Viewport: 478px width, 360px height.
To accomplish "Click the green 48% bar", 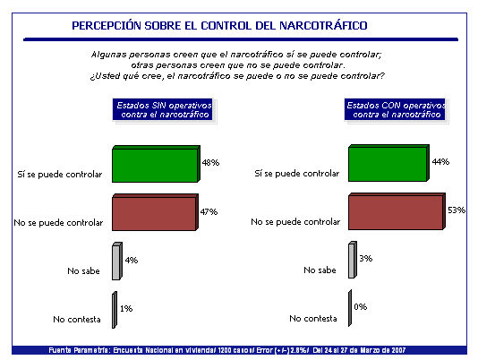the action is click(156, 164).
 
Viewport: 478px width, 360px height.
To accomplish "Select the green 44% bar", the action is click(388, 163).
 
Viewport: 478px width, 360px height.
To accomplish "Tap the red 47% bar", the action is click(155, 212).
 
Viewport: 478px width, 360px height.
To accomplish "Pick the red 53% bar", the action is click(397, 211).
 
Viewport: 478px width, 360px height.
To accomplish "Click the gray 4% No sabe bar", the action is click(117, 261).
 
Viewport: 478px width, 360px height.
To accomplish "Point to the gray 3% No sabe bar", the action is click(353, 260).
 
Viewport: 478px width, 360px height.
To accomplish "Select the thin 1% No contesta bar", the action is click(115, 310).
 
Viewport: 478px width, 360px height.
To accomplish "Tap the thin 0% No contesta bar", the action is click(350, 308).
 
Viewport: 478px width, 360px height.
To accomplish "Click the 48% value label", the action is click(210, 163).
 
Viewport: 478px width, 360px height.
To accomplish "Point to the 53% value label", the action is click(457, 210).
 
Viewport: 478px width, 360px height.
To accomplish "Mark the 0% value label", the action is click(361, 306).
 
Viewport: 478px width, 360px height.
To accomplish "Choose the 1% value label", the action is click(126, 308).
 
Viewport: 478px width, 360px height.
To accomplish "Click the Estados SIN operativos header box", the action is click(163, 109).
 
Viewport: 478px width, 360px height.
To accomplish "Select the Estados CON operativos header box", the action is click(395, 109).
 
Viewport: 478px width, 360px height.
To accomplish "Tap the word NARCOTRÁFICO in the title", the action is click(323, 26).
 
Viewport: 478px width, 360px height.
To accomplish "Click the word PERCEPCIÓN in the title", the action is click(107, 26).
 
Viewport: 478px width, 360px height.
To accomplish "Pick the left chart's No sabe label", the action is click(83, 271).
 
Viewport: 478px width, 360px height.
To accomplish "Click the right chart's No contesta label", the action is click(313, 319).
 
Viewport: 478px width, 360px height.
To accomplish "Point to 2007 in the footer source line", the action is click(397, 350).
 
